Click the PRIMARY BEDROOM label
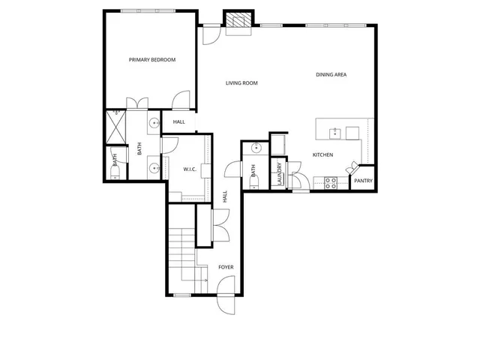pos(152,59)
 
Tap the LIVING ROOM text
pos(241,83)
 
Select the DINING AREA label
pos(331,74)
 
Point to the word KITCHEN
pos(322,154)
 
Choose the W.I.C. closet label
pos(190,169)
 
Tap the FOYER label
pos(226,267)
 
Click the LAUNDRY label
pos(279,173)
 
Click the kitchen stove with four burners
pos(330,182)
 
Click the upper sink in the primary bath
pos(153,123)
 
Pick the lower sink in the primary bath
pos(153,168)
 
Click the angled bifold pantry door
pos(350,169)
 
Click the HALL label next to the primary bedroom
pos(179,122)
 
